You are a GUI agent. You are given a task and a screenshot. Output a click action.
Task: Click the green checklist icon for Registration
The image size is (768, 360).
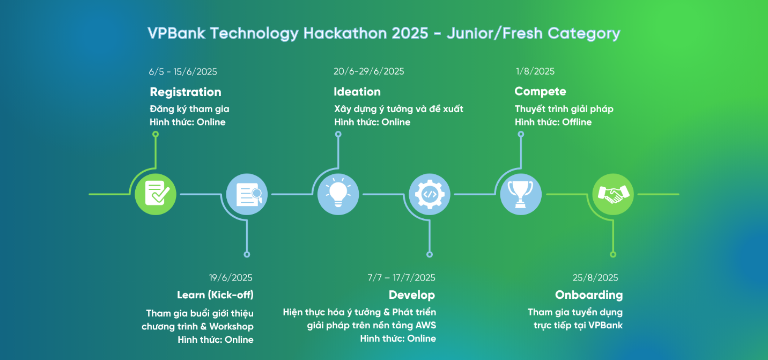tap(156, 194)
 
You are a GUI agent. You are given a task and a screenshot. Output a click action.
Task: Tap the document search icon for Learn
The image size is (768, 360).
tap(247, 194)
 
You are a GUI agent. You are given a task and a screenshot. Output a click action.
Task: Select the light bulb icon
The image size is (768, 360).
tap(338, 194)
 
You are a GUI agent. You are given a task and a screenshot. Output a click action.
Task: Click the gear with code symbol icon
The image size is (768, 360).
tap(430, 194)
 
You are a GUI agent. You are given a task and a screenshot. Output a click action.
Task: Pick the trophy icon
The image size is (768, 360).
tap(521, 194)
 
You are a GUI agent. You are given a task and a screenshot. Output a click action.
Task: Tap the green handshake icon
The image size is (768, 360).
tap(613, 194)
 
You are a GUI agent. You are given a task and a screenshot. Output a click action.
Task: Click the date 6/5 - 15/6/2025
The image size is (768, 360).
tap(183, 72)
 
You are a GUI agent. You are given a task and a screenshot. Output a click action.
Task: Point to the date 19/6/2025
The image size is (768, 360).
tap(231, 277)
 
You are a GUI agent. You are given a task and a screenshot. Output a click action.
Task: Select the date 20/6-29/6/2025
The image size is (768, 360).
tap(368, 71)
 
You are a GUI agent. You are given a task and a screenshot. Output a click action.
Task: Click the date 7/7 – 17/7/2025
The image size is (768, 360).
tap(401, 277)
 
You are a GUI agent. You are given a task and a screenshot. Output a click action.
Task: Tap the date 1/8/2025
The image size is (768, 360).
tap(535, 71)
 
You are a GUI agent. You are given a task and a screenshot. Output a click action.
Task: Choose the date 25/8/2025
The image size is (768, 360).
tap(595, 277)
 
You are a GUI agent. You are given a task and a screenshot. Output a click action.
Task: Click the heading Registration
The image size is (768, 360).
tap(186, 92)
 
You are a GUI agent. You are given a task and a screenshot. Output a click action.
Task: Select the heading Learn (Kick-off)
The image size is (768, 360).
tap(215, 295)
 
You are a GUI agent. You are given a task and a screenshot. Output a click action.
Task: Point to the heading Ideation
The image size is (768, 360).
tap(357, 92)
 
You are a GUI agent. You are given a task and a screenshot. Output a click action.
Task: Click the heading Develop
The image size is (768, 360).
tap(412, 295)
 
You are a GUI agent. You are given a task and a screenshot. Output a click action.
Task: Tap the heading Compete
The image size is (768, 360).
tap(540, 91)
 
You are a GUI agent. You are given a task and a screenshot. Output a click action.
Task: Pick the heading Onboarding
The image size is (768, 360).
tap(589, 295)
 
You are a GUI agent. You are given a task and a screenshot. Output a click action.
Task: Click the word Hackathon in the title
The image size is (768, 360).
tap(366, 33)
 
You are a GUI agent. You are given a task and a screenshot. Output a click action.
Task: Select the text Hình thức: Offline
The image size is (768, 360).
tap(553, 122)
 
